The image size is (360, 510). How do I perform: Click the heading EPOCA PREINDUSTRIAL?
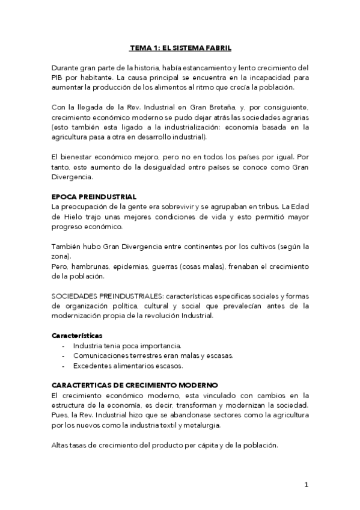coord(94,197)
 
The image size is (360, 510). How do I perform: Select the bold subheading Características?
coord(77,335)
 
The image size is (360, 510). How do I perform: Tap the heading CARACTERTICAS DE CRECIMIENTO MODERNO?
coord(135,384)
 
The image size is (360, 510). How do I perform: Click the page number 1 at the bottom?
coord(306,485)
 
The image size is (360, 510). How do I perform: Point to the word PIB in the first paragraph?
coord(59,77)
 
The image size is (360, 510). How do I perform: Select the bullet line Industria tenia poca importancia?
coord(118,345)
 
